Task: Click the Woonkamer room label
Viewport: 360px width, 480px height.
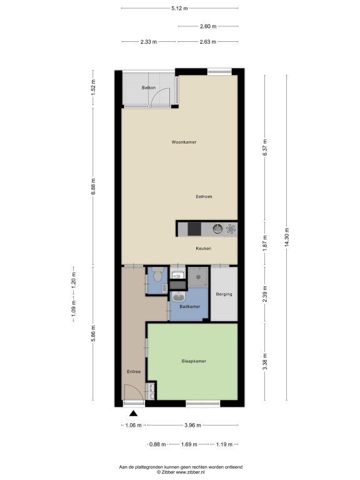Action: [184, 142]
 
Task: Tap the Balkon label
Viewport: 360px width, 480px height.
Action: [149, 87]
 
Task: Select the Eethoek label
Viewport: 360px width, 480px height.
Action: [204, 196]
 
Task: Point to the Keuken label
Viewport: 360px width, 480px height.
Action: [203, 248]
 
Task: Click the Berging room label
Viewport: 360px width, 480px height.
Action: [224, 294]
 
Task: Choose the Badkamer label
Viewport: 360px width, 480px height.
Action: [190, 306]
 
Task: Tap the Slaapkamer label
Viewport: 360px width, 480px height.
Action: [194, 361]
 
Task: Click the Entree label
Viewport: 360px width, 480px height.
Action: [134, 372]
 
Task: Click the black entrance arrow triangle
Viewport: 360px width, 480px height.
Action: [133, 414]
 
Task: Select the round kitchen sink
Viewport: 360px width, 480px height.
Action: [217, 229]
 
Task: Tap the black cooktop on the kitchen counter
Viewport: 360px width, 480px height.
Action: [194, 229]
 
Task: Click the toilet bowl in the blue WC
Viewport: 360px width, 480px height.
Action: [157, 275]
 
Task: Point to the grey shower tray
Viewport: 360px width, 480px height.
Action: [197, 277]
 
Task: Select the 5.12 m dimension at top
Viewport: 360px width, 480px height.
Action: [179, 8]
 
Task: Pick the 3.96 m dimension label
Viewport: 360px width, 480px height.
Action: [192, 425]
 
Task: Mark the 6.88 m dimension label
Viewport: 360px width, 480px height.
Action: [93, 186]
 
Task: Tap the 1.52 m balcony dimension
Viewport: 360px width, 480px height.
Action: [93, 87]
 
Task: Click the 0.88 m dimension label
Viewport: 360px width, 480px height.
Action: [157, 444]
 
